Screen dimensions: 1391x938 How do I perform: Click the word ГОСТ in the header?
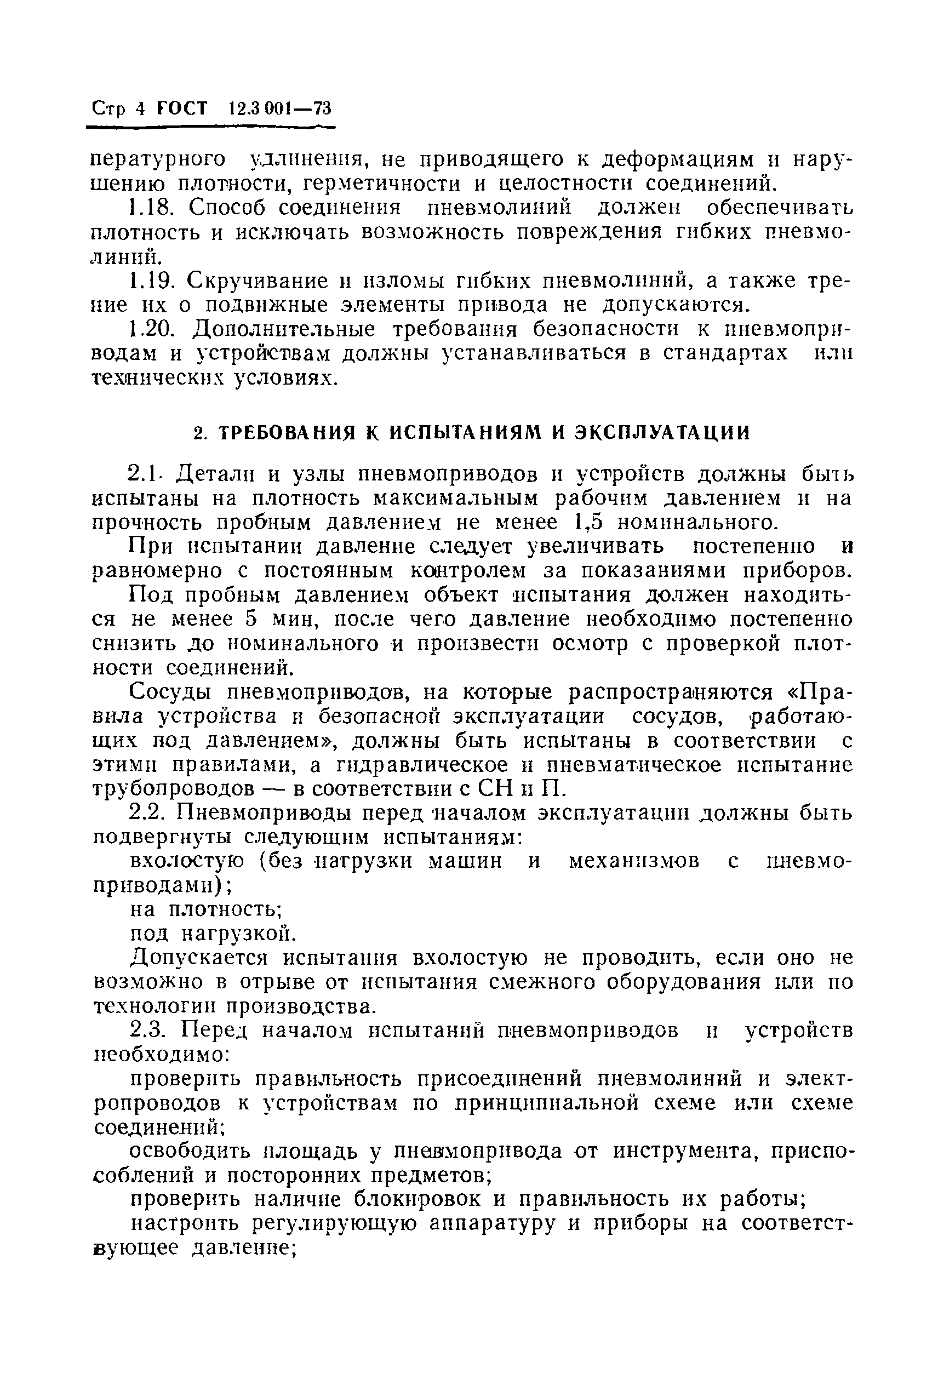[x=182, y=109]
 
